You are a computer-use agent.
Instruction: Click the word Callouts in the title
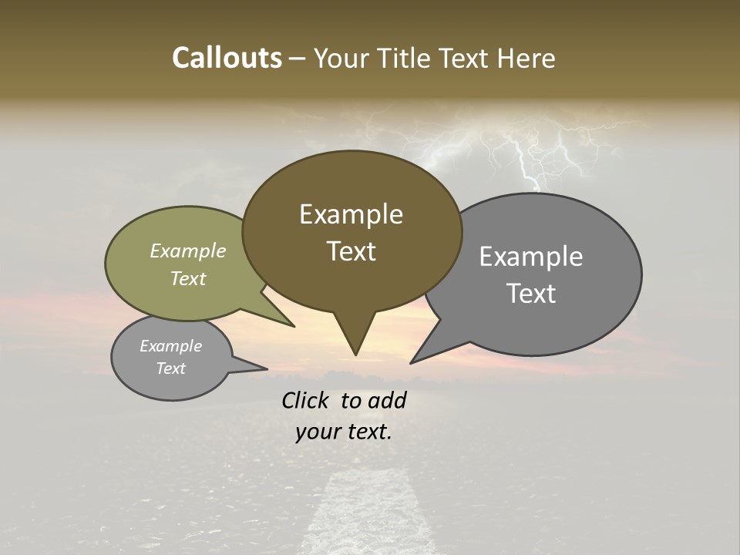tap(227, 58)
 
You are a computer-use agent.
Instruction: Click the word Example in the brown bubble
tap(351, 214)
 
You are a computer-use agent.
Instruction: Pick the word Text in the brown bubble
tap(351, 251)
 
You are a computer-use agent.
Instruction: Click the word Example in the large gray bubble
tap(530, 257)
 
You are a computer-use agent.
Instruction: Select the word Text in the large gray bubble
tap(530, 294)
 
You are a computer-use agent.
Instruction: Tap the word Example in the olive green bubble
tap(188, 251)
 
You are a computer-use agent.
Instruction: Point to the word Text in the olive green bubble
tap(188, 278)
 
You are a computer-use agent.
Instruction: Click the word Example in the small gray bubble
tap(170, 346)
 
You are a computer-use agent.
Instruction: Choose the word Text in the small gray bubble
tap(170, 368)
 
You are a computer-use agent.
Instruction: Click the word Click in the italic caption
tap(305, 400)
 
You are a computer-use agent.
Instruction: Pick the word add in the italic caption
tap(387, 400)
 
